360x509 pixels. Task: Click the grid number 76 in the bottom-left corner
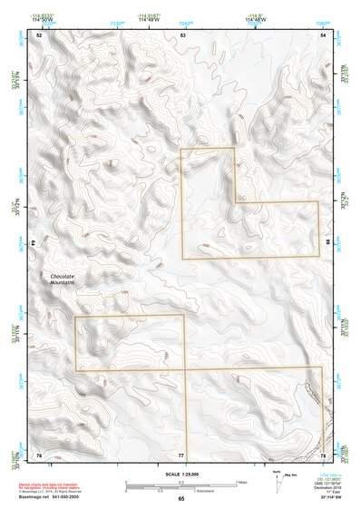point(38,454)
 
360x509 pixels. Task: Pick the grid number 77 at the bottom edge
point(181,454)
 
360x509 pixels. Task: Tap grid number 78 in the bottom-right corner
point(324,454)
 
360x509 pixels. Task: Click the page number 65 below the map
point(181,499)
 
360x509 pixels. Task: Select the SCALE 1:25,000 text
point(181,474)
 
